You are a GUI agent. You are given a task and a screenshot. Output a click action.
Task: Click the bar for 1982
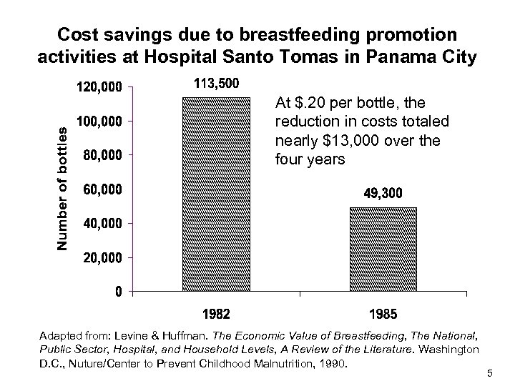[217, 194]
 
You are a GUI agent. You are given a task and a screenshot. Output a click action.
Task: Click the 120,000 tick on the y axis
[99, 87]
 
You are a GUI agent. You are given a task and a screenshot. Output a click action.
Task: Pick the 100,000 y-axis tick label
[99, 121]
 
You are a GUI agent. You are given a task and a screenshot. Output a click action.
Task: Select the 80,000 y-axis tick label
[102, 155]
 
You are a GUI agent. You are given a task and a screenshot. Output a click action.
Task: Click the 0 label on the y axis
[118, 292]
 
